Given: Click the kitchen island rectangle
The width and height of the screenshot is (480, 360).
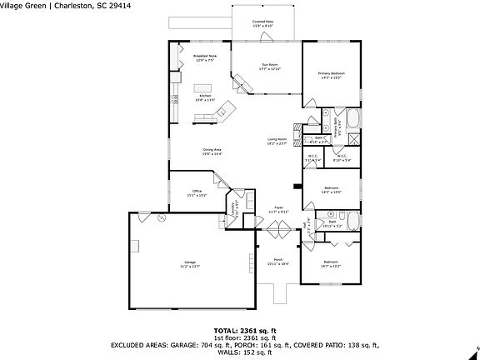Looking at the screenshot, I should [x=204, y=87].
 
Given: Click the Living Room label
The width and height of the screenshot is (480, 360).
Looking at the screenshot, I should [x=277, y=141].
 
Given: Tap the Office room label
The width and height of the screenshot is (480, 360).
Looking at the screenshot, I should [x=197, y=192].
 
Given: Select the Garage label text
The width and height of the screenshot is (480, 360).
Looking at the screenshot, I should [x=190, y=264].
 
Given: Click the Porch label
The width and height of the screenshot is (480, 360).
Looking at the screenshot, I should [x=277, y=261].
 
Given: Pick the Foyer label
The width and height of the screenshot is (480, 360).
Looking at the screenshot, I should [x=277, y=209].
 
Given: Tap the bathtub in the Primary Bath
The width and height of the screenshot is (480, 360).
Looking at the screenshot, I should [x=354, y=117].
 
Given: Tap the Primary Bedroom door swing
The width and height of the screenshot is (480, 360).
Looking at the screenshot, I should [x=310, y=105].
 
